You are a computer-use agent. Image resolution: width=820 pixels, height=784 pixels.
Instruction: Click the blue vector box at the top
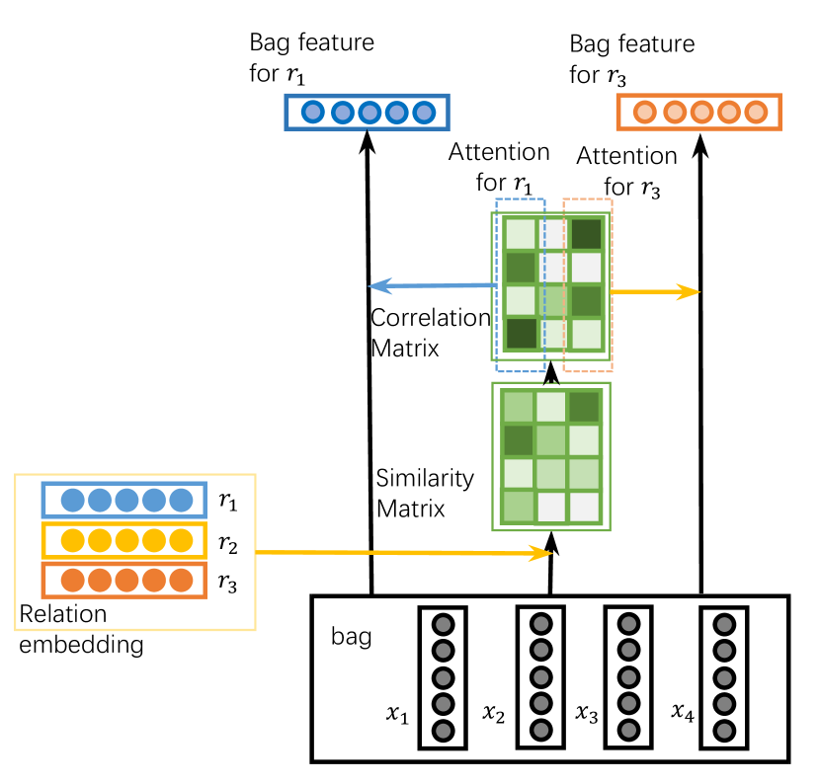tap(367, 112)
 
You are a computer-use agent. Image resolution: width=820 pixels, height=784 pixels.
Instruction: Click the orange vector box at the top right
tap(698, 112)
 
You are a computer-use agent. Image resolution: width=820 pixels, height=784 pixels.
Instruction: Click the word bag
tap(351, 637)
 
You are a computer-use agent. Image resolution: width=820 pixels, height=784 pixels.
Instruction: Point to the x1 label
tap(397, 715)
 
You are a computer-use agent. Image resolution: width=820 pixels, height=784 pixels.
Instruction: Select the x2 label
tap(493, 714)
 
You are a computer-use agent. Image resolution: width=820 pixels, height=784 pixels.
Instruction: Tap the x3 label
tap(587, 714)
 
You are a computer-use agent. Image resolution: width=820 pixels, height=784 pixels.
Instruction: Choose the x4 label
tap(683, 712)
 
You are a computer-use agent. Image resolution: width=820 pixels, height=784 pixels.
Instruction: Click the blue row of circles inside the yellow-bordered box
tap(124, 500)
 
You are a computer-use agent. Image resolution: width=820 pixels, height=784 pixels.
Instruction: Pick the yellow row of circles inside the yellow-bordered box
tap(124, 541)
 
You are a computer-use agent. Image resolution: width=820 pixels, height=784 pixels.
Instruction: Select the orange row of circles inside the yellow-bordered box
tap(124, 581)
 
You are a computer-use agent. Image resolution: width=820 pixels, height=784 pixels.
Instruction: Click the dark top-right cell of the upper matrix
tap(586, 234)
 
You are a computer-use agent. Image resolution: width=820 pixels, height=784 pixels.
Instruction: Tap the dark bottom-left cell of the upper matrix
tap(521, 333)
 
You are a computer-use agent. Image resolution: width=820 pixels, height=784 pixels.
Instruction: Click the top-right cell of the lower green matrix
tap(584, 407)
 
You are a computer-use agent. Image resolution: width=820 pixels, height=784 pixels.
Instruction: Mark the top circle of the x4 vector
tap(723, 625)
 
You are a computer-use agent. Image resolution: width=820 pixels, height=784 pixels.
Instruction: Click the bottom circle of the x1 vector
tap(443, 731)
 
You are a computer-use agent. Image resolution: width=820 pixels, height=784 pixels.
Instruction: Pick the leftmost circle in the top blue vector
tap(313, 112)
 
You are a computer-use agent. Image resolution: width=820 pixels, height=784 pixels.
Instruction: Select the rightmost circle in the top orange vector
tap(756, 112)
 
